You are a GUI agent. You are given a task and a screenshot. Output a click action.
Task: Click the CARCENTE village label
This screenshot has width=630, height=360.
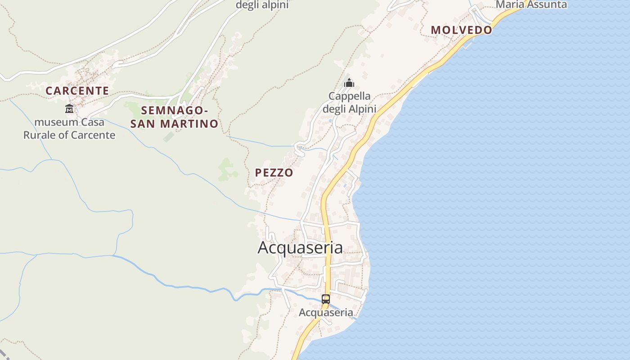(77, 91)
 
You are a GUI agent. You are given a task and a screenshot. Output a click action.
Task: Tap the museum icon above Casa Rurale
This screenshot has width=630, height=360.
(69, 108)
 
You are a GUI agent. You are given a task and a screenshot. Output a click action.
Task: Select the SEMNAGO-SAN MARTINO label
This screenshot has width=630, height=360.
(174, 117)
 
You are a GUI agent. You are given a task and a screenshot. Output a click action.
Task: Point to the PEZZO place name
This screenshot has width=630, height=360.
(274, 172)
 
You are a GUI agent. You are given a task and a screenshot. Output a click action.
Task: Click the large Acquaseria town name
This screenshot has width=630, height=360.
(300, 247)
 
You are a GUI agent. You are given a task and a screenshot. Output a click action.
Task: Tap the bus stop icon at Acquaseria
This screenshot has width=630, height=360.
(326, 299)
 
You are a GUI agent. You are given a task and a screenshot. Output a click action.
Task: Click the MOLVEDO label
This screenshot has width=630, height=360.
(461, 30)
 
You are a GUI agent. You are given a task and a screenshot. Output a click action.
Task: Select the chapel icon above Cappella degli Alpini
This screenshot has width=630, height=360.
(349, 83)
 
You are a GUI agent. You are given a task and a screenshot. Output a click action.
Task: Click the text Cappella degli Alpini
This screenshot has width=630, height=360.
(350, 102)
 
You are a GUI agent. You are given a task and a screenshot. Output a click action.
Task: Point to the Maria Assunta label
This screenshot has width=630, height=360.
(531, 5)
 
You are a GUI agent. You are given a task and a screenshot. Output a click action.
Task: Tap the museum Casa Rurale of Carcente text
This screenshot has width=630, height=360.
(69, 128)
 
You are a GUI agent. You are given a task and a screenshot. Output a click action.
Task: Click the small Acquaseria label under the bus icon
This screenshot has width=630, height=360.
(326, 312)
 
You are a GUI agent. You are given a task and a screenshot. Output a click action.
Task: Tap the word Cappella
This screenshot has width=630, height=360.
(350, 96)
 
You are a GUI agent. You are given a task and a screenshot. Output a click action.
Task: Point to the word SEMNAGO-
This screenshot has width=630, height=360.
(174, 110)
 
